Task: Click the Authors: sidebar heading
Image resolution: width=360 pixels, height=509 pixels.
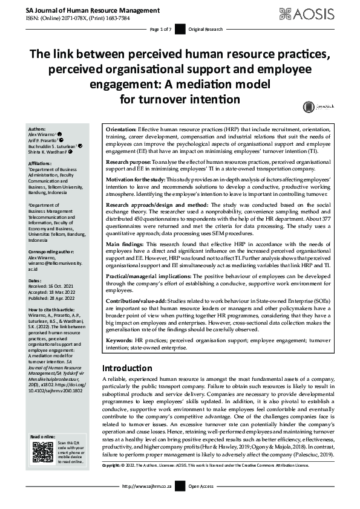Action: coord(38,129)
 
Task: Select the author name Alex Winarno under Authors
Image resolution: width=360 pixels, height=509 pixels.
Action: coord(42,134)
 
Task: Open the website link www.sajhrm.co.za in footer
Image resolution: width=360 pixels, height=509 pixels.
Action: coord(148,486)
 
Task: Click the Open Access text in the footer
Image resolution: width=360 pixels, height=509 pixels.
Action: coord(201,486)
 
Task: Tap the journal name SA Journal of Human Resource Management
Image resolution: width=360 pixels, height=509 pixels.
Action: coord(85,10)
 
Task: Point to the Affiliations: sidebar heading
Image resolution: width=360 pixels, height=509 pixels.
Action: coord(40,163)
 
